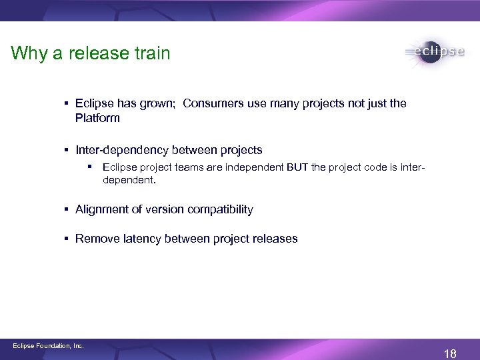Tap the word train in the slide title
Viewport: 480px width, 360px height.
coord(151,53)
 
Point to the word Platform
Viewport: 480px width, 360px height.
coord(97,118)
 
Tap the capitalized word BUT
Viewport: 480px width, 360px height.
coord(297,167)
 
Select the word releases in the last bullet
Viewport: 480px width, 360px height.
coord(273,239)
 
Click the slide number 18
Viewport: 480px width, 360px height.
coord(450,353)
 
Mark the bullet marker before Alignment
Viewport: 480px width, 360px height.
coord(67,209)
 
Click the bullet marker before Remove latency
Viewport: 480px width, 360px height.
coord(67,239)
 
